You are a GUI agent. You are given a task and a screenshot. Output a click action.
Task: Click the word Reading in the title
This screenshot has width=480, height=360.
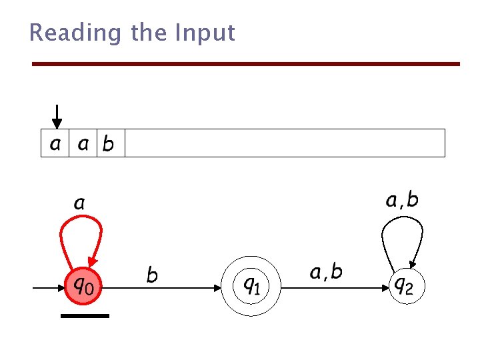66,33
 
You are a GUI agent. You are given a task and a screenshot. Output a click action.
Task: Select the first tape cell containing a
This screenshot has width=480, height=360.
55,143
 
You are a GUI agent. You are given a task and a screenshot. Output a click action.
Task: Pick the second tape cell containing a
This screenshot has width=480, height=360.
83,143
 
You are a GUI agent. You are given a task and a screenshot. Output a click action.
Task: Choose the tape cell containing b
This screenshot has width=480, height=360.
110,143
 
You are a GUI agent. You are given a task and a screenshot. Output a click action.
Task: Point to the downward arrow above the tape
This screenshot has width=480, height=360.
57,116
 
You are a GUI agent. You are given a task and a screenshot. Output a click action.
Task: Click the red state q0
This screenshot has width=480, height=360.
83,287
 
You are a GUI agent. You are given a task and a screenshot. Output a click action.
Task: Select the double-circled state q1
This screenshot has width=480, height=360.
250,287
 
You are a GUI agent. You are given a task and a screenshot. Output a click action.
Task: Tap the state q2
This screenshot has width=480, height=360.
405,287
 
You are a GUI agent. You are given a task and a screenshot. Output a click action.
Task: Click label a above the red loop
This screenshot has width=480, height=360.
79,203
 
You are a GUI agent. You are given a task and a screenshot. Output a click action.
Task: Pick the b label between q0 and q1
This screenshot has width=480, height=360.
152,274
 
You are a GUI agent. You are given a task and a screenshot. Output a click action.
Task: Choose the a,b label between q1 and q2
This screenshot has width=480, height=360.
326,271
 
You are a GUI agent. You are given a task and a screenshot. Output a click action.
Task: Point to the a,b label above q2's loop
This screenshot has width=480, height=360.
402,199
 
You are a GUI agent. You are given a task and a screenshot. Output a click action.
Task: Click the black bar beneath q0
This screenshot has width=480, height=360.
85,315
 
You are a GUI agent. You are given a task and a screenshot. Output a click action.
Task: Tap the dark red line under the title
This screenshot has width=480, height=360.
247,64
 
